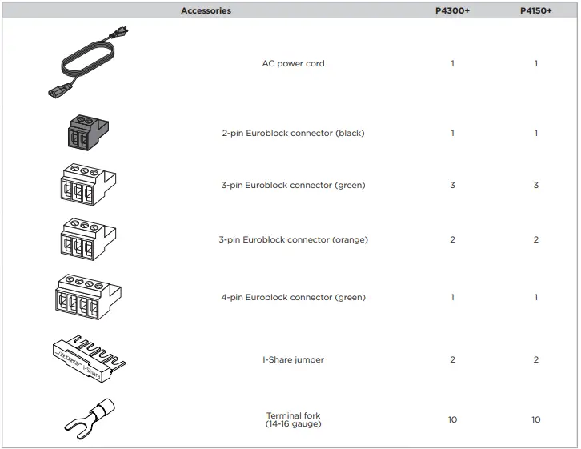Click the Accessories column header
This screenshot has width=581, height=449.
206,10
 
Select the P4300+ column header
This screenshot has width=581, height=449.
452,10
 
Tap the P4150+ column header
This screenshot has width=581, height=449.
535,10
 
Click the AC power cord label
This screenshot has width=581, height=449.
293,64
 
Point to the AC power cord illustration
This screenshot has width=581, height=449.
93,65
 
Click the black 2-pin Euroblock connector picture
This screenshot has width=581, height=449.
84,132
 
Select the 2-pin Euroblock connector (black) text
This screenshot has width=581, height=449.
293,134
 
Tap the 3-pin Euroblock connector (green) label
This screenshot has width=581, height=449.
293,186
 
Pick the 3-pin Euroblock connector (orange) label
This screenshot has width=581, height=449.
293,240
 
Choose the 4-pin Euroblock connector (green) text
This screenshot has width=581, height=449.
293,298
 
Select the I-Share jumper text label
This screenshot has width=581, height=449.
293,360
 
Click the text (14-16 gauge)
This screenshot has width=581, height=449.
293,424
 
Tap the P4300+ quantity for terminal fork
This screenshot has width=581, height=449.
452,419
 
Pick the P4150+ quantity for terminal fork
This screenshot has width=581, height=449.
535,419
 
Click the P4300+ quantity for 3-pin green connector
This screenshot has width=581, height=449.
452,186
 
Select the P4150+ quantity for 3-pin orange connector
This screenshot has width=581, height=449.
535,240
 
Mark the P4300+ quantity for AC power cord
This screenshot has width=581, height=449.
452,64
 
